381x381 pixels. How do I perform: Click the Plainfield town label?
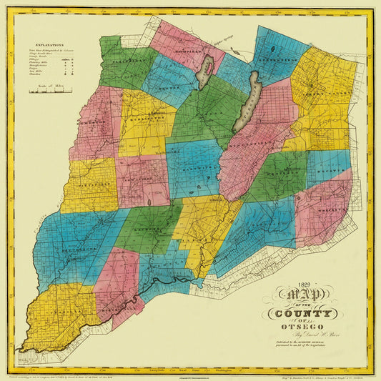(131, 61)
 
